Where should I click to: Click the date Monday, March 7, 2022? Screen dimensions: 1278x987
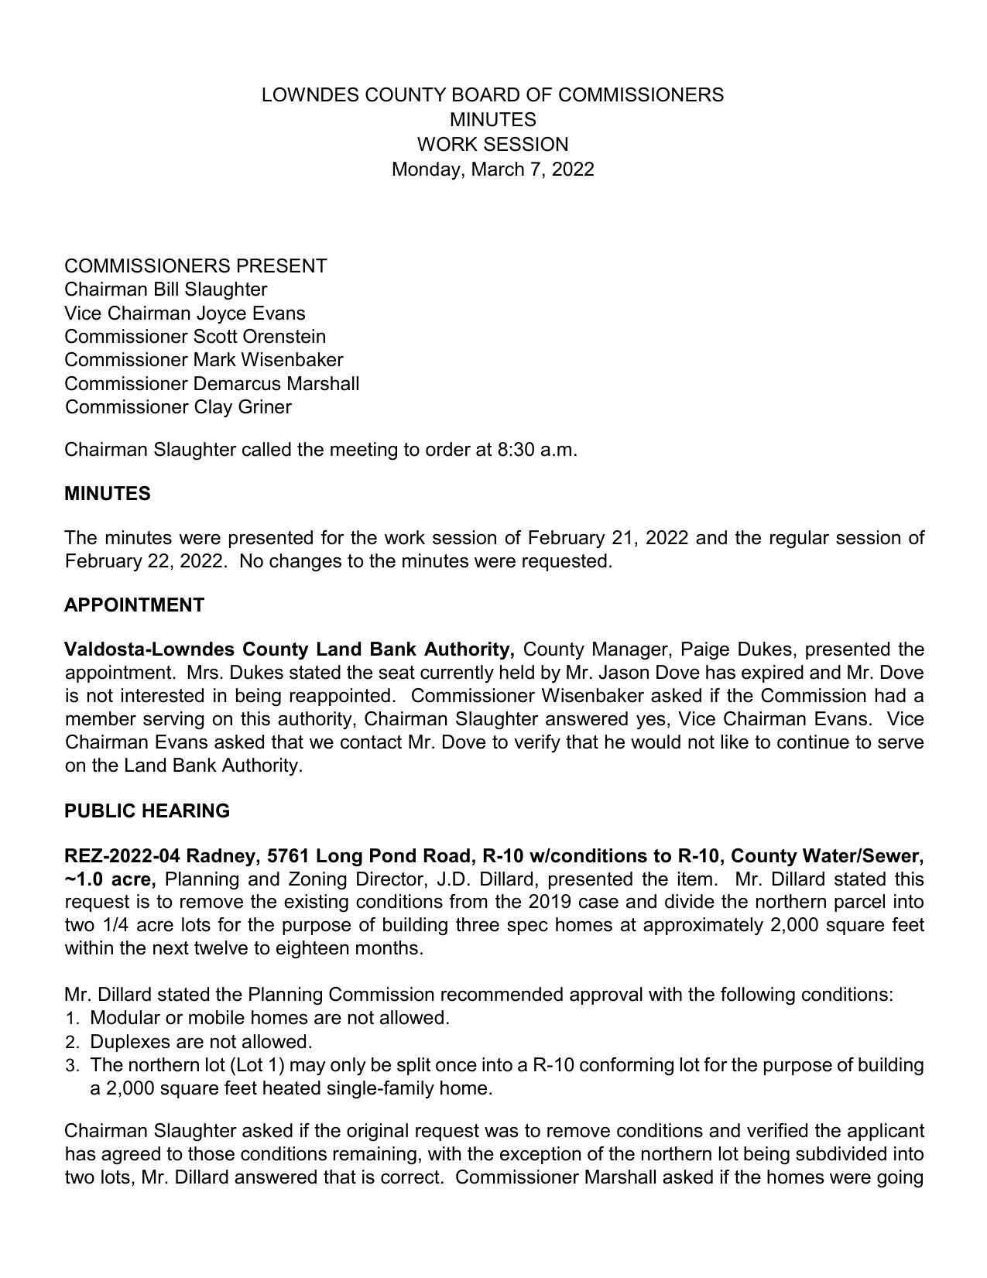[x=492, y=170]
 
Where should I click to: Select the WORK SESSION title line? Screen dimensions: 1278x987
[x=492, y=145]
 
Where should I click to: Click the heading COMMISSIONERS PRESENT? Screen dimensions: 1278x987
[x=195, y=266]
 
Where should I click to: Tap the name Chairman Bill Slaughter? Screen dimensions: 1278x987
[x=166, y=290]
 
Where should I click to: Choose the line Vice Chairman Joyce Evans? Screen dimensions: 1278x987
[x=184, y=314]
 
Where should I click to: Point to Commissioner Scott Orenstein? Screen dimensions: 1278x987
[x=195, y=337]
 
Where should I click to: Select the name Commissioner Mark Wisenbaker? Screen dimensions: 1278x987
[x=204, y=360]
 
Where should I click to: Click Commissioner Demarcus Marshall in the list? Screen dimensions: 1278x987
[x=211, y=384]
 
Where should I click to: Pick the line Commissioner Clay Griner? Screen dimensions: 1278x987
[x=178, y=407]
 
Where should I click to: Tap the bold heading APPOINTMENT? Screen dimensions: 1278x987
[x=134, y=605]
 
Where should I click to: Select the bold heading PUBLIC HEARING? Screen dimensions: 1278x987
[x=147, y=811]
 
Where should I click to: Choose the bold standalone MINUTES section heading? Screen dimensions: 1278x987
[x=107, y=494]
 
